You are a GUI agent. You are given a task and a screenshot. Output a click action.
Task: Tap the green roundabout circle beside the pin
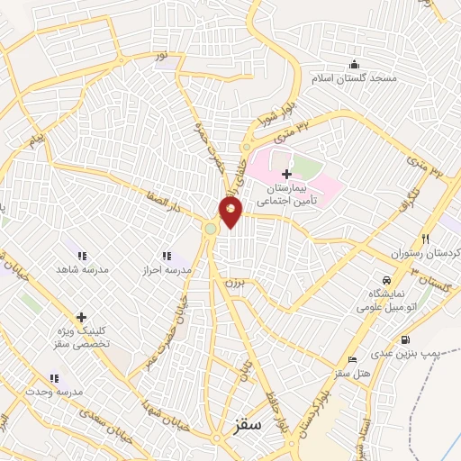(212, 229)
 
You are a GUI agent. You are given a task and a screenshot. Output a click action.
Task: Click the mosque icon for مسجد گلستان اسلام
(354, 64)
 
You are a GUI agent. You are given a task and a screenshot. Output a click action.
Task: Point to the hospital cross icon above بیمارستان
(286, 173)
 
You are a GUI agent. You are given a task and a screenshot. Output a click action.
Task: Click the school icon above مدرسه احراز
(167, 256)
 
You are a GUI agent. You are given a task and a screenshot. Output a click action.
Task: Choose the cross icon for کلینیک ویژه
(82, 317)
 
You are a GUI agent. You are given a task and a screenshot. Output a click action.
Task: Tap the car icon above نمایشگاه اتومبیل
(386, 281)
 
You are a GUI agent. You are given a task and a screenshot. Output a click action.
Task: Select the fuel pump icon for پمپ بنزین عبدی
(406, 340)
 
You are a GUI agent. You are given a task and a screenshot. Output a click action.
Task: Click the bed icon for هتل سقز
(352, 358)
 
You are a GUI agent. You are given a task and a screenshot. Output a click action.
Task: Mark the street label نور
(161, 56)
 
